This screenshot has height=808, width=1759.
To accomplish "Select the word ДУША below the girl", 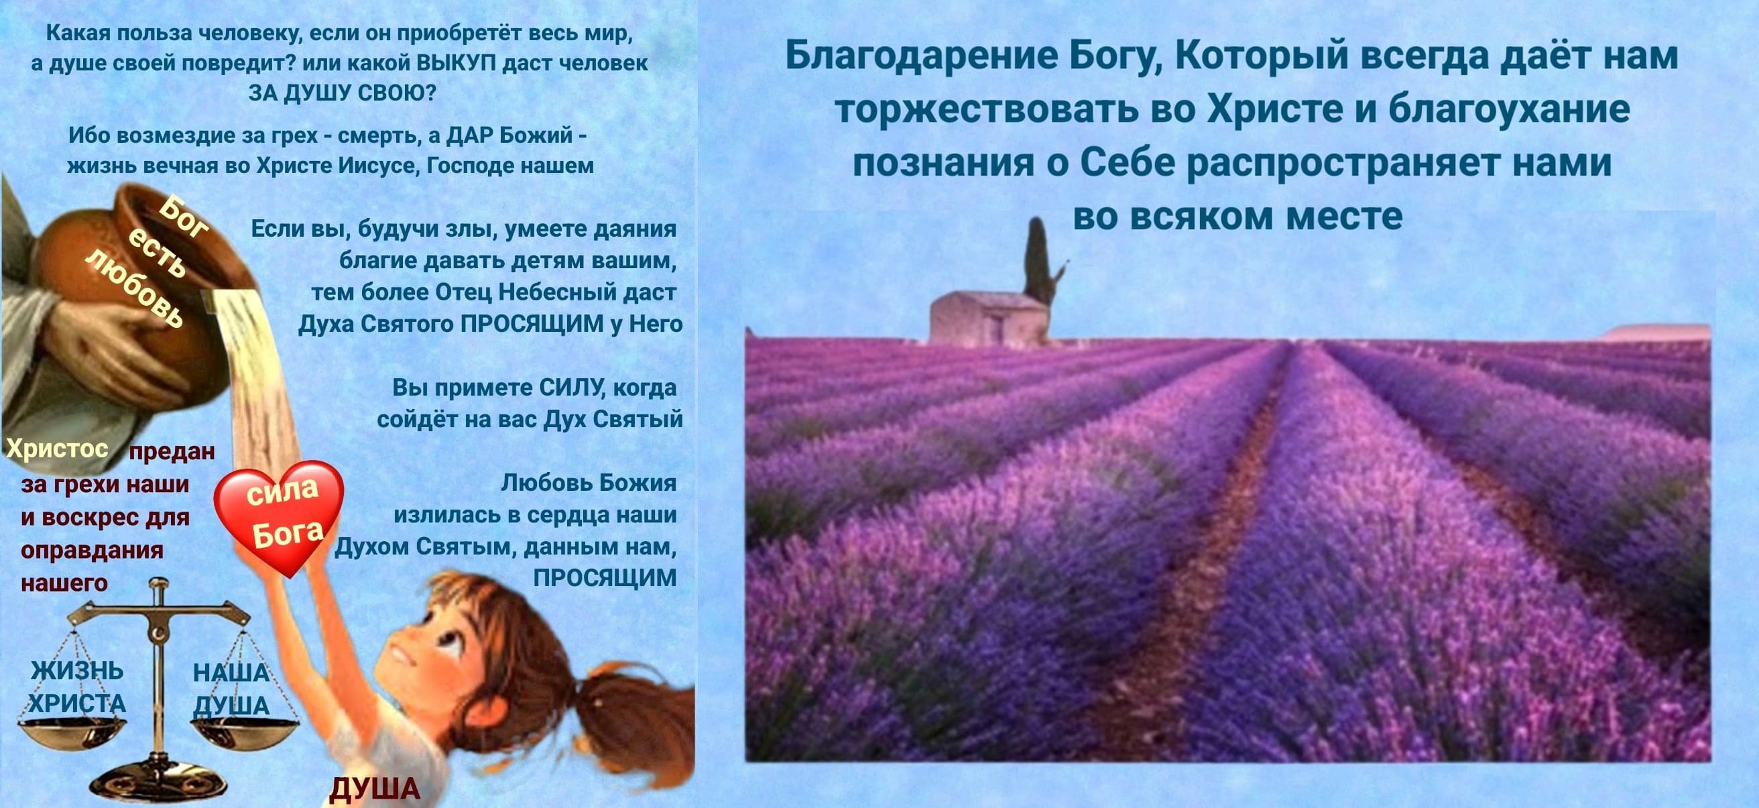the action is coord(375,789).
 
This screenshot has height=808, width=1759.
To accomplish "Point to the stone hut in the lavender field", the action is coord(989,319).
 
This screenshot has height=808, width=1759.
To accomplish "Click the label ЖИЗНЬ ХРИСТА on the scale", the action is coord(77,687).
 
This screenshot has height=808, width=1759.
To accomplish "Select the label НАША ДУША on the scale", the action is coord(231,689).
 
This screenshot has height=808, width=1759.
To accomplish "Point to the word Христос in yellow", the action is coord(58,449).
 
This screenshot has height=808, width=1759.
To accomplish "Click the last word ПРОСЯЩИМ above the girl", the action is coord(604,578).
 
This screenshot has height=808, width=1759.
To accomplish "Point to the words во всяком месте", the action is coord(1238,217).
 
